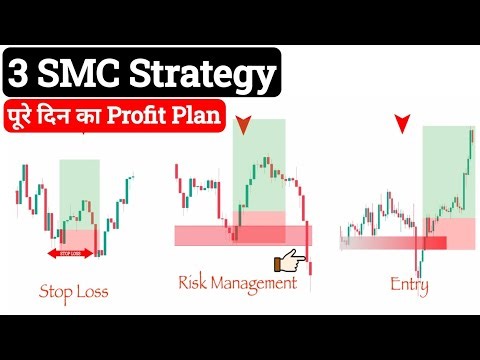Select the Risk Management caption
[x=237, y=283]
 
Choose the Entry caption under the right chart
[x=410, y=286]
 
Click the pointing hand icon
[x=292, y=263]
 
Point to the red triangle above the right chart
[x=401, y=125]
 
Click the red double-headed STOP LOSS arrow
[x=70, y=253]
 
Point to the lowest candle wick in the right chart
[x=421, y=272]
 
